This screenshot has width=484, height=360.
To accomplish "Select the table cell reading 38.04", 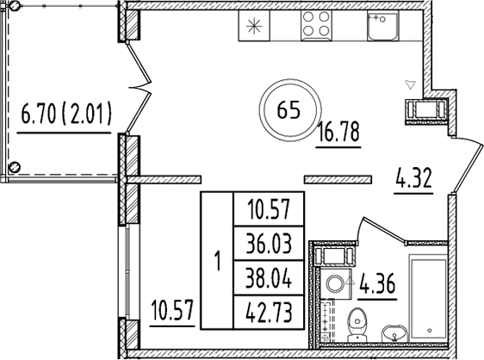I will tap(268, 277).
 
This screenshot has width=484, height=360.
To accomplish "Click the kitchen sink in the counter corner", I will tap(380, 28).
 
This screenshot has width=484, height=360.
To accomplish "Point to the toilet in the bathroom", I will tap(354, 325).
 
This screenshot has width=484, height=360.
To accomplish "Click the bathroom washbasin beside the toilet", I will tap(394, 332).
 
